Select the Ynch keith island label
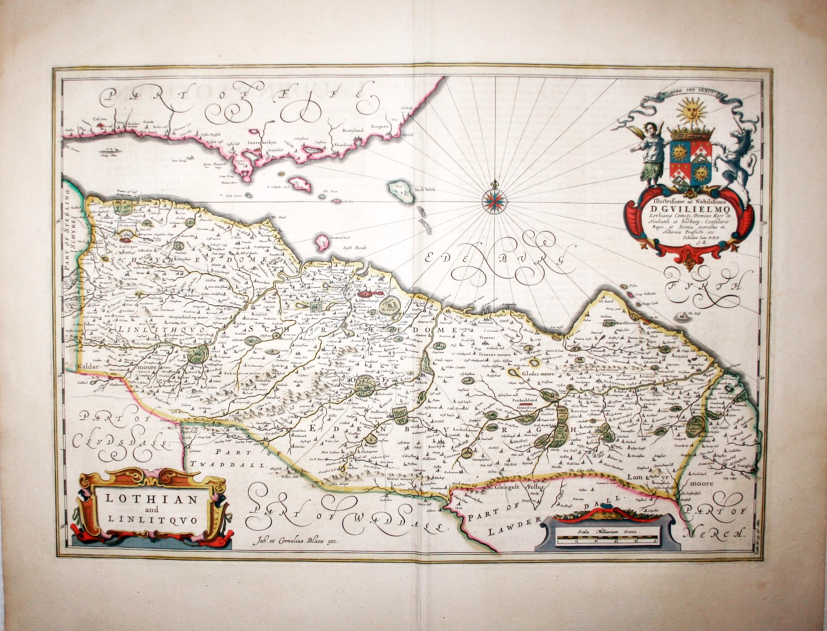424,190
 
